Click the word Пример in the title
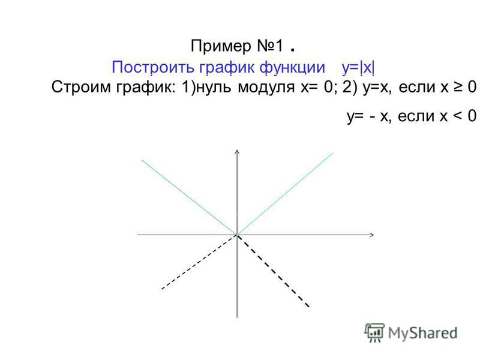tap(221, 47)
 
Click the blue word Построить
tap(153, 67)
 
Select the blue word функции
tap(292, 67)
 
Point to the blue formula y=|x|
tap(358, 67)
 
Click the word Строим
tap(81, 87)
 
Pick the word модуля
tap(266, 88)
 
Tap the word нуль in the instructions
tap(215, 87)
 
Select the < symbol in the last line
tap(458, 116)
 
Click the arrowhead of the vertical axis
tap(237, 151)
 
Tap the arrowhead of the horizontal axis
tap(371, 235)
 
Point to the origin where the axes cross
tap(237, 235)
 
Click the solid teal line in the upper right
tap(285, 194)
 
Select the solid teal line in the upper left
tap(189, 197)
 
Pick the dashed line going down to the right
tap(274, 271)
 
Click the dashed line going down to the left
tap(199, 262)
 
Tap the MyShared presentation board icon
tap(374, 332)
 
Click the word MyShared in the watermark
tap(422, 333)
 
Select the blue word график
tap(227, 68)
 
